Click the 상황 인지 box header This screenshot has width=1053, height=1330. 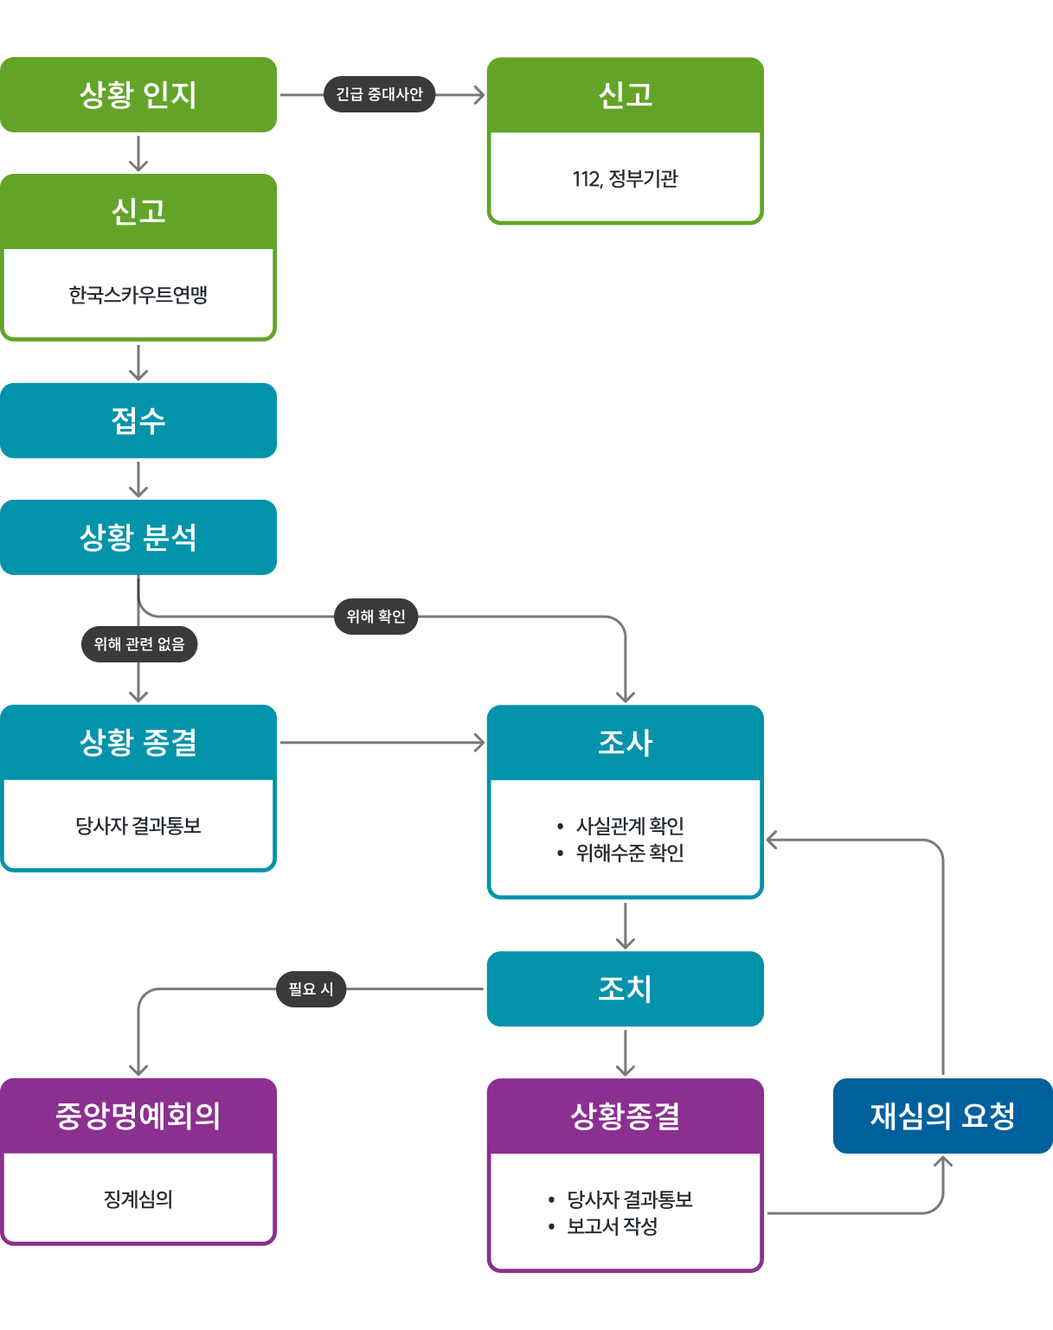point(138,94)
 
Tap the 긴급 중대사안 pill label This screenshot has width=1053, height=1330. point(379,94)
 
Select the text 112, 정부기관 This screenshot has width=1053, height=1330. point(625,179)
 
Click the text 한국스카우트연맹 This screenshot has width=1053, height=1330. point(138,295)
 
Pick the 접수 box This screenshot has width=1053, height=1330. point(138,420)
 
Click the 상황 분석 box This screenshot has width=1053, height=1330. point(138,537)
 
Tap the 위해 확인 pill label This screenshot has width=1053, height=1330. point(376,617)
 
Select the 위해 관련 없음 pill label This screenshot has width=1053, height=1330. point(139,644)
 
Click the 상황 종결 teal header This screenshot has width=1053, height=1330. point(138,742)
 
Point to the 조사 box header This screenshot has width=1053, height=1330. point(625,743)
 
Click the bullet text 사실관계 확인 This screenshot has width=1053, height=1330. point(630,826)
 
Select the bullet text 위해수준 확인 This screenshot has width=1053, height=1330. point(630,854)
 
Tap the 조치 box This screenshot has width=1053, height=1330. point(625,988)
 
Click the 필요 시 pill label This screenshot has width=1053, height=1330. point(311,989)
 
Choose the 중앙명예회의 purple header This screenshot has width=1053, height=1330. point(138,1116)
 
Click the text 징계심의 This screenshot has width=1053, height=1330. point(138,1199)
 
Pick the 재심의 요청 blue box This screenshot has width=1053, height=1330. point(942,1116)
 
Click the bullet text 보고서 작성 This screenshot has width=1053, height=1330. point(613,1226)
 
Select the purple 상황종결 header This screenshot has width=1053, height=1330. point(625,1116)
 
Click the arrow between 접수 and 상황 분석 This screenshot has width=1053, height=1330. point(138,479)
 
